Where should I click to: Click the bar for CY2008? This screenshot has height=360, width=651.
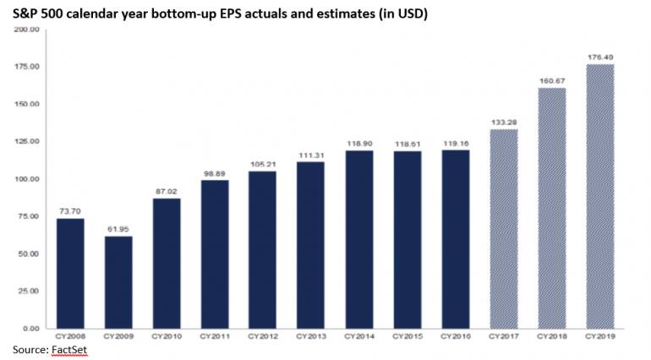[x=70, y=273]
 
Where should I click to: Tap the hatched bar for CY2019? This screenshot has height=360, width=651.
[x=600, y=196]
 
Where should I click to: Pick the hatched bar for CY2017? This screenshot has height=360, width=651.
[x=504, y=228]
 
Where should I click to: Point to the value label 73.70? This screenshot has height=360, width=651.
[x=70, y=210]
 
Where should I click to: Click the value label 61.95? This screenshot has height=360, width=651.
[x=118, y=228]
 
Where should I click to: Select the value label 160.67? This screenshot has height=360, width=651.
[x=552, y=80]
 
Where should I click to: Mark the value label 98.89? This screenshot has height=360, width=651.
[x=215, y=172]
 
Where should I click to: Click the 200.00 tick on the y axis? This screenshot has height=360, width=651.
[x=28, y=30]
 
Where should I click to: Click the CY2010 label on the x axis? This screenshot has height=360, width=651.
[x=167, y=337]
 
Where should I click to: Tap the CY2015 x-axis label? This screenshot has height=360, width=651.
[x=408, y=337]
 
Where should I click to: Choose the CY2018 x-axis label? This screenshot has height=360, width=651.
[x=552, y=337]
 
